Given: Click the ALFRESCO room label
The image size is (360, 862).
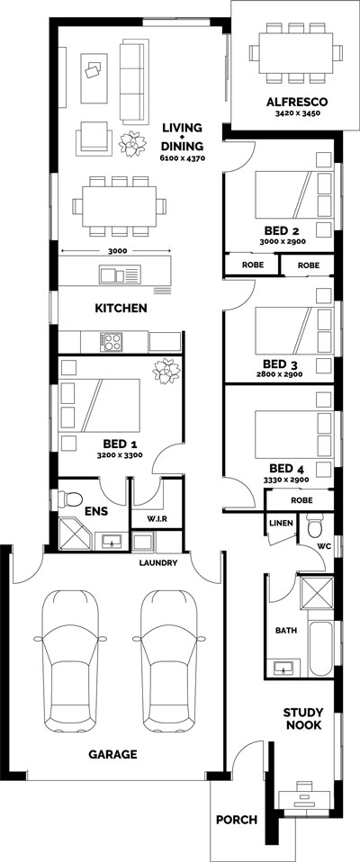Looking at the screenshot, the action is pyautogui.click(x=297, y=102).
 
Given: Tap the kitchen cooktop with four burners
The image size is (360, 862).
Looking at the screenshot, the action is pyautogui.click(x=111, y=341).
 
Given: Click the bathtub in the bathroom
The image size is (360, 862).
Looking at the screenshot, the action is pyautogui.click(x=320, y=649).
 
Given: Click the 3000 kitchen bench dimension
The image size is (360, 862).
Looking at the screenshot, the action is pyautogui.click(x=117, y=251).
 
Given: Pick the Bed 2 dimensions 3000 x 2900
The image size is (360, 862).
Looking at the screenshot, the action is pyautogui.click(x=284, y=241).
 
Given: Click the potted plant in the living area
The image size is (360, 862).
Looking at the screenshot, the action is pyautogui.click(x=133, y=144).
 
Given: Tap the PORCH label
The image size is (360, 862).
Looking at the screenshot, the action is pyautogui.click(x=237, y=820).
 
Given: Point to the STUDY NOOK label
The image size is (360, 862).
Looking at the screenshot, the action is pyautogui.click(x=302, y=719).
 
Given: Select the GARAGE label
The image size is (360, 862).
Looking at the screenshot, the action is pyautogui.click(x=113, y=754).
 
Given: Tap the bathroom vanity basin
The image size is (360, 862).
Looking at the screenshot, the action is pyautogui.click(x=284, y=668).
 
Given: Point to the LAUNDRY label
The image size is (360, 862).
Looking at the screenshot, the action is pyautogui.click(x=157, y=562).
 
